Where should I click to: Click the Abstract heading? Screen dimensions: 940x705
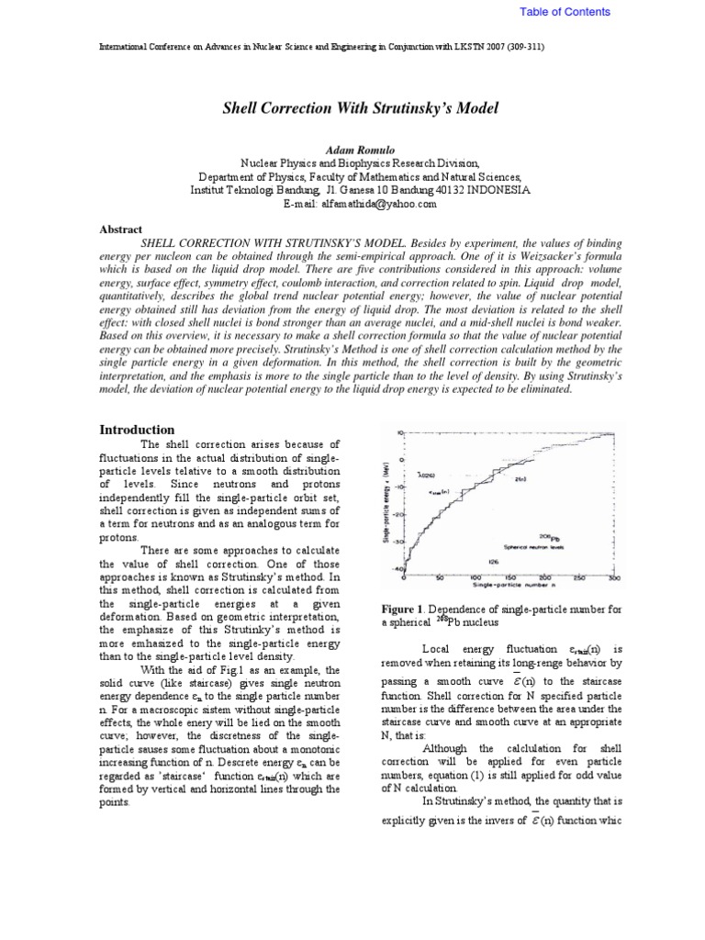click(120, 229)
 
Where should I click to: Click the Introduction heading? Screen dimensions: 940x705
click(136, 430)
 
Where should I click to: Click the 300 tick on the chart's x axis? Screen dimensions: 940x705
click(613, 577)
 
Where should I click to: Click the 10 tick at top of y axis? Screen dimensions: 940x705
click(399, 431)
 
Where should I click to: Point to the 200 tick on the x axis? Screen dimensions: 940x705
click(544, 577)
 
